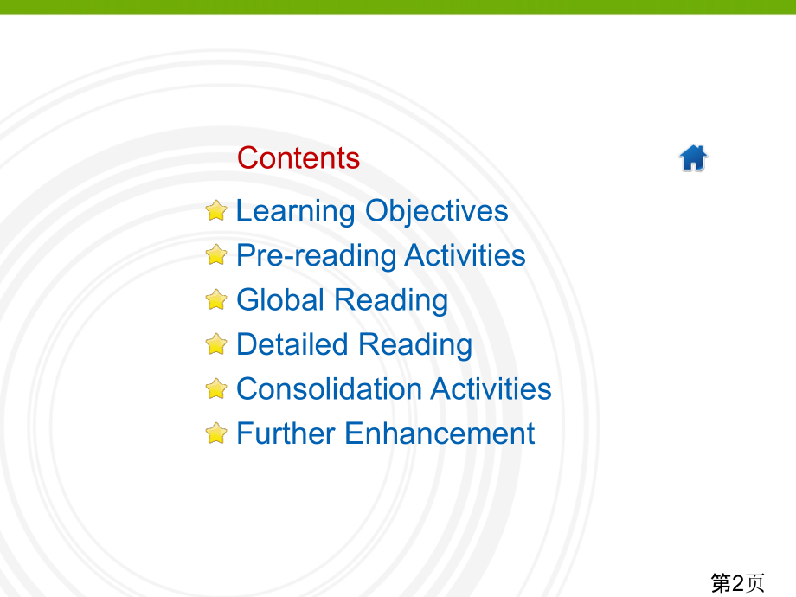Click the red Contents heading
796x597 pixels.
(298, 157)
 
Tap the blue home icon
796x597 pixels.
(693, 157)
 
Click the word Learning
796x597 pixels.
(295, 212)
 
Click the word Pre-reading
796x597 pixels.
(317, 256)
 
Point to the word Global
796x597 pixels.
(280, 299)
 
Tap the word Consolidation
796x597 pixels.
(330, 388)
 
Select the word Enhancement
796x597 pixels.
(440, 433)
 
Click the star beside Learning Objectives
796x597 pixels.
(216, 210)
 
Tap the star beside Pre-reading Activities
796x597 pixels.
(216, 255)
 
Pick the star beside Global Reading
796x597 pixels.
(216, 299)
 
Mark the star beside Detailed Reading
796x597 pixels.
(216, 344)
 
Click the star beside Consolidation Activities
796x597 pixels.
(216, 388)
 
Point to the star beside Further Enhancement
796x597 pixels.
(216, 433)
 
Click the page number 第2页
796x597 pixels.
(738, 583)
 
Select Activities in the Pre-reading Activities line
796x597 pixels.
(465, 255)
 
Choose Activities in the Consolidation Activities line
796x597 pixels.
(491, 388)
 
